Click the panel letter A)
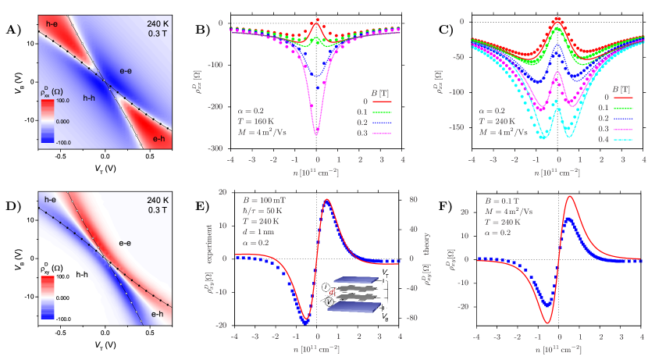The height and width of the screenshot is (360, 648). (10, 30)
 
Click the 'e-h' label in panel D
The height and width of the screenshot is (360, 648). (158, 314)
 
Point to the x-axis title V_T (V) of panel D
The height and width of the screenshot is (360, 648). (105, 342)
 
